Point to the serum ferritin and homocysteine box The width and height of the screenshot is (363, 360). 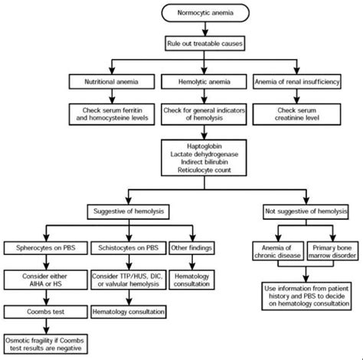(x=114, y=114)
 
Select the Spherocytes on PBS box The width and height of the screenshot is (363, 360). (x=48, y=247)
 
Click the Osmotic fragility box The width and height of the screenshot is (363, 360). (x=48, y=345)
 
